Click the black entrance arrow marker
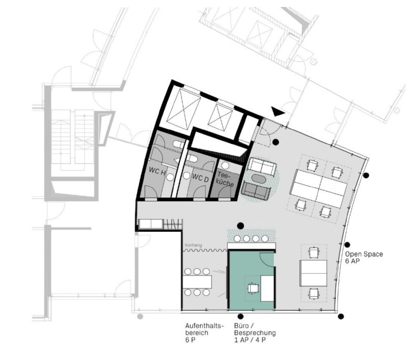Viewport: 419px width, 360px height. tap(278, 111)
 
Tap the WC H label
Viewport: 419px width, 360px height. tap(157, 171)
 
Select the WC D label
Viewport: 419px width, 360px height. tap(200, 178)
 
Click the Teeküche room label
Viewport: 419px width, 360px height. tap(226, 179)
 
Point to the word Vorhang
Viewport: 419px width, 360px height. tap(193, 245)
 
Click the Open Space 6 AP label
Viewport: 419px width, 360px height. tap(363, 257)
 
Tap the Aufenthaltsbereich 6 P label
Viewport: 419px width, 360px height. tap(204, 333)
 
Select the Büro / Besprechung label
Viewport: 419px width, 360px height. tap(255, 330)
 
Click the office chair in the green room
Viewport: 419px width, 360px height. tap(253, 288)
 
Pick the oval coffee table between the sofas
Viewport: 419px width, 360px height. tap(259, 178)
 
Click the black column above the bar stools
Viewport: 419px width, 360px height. tap(240, 226)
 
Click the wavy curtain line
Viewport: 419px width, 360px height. tap(205, 250)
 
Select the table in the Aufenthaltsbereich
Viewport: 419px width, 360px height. tap(197, 282)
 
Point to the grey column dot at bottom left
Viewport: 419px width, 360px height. tap(140, 317)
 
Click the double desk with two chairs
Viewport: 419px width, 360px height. tap(313, 274)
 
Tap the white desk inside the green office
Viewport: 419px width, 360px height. tap(267, 288)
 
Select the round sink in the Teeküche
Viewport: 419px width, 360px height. tap(225, 165)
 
